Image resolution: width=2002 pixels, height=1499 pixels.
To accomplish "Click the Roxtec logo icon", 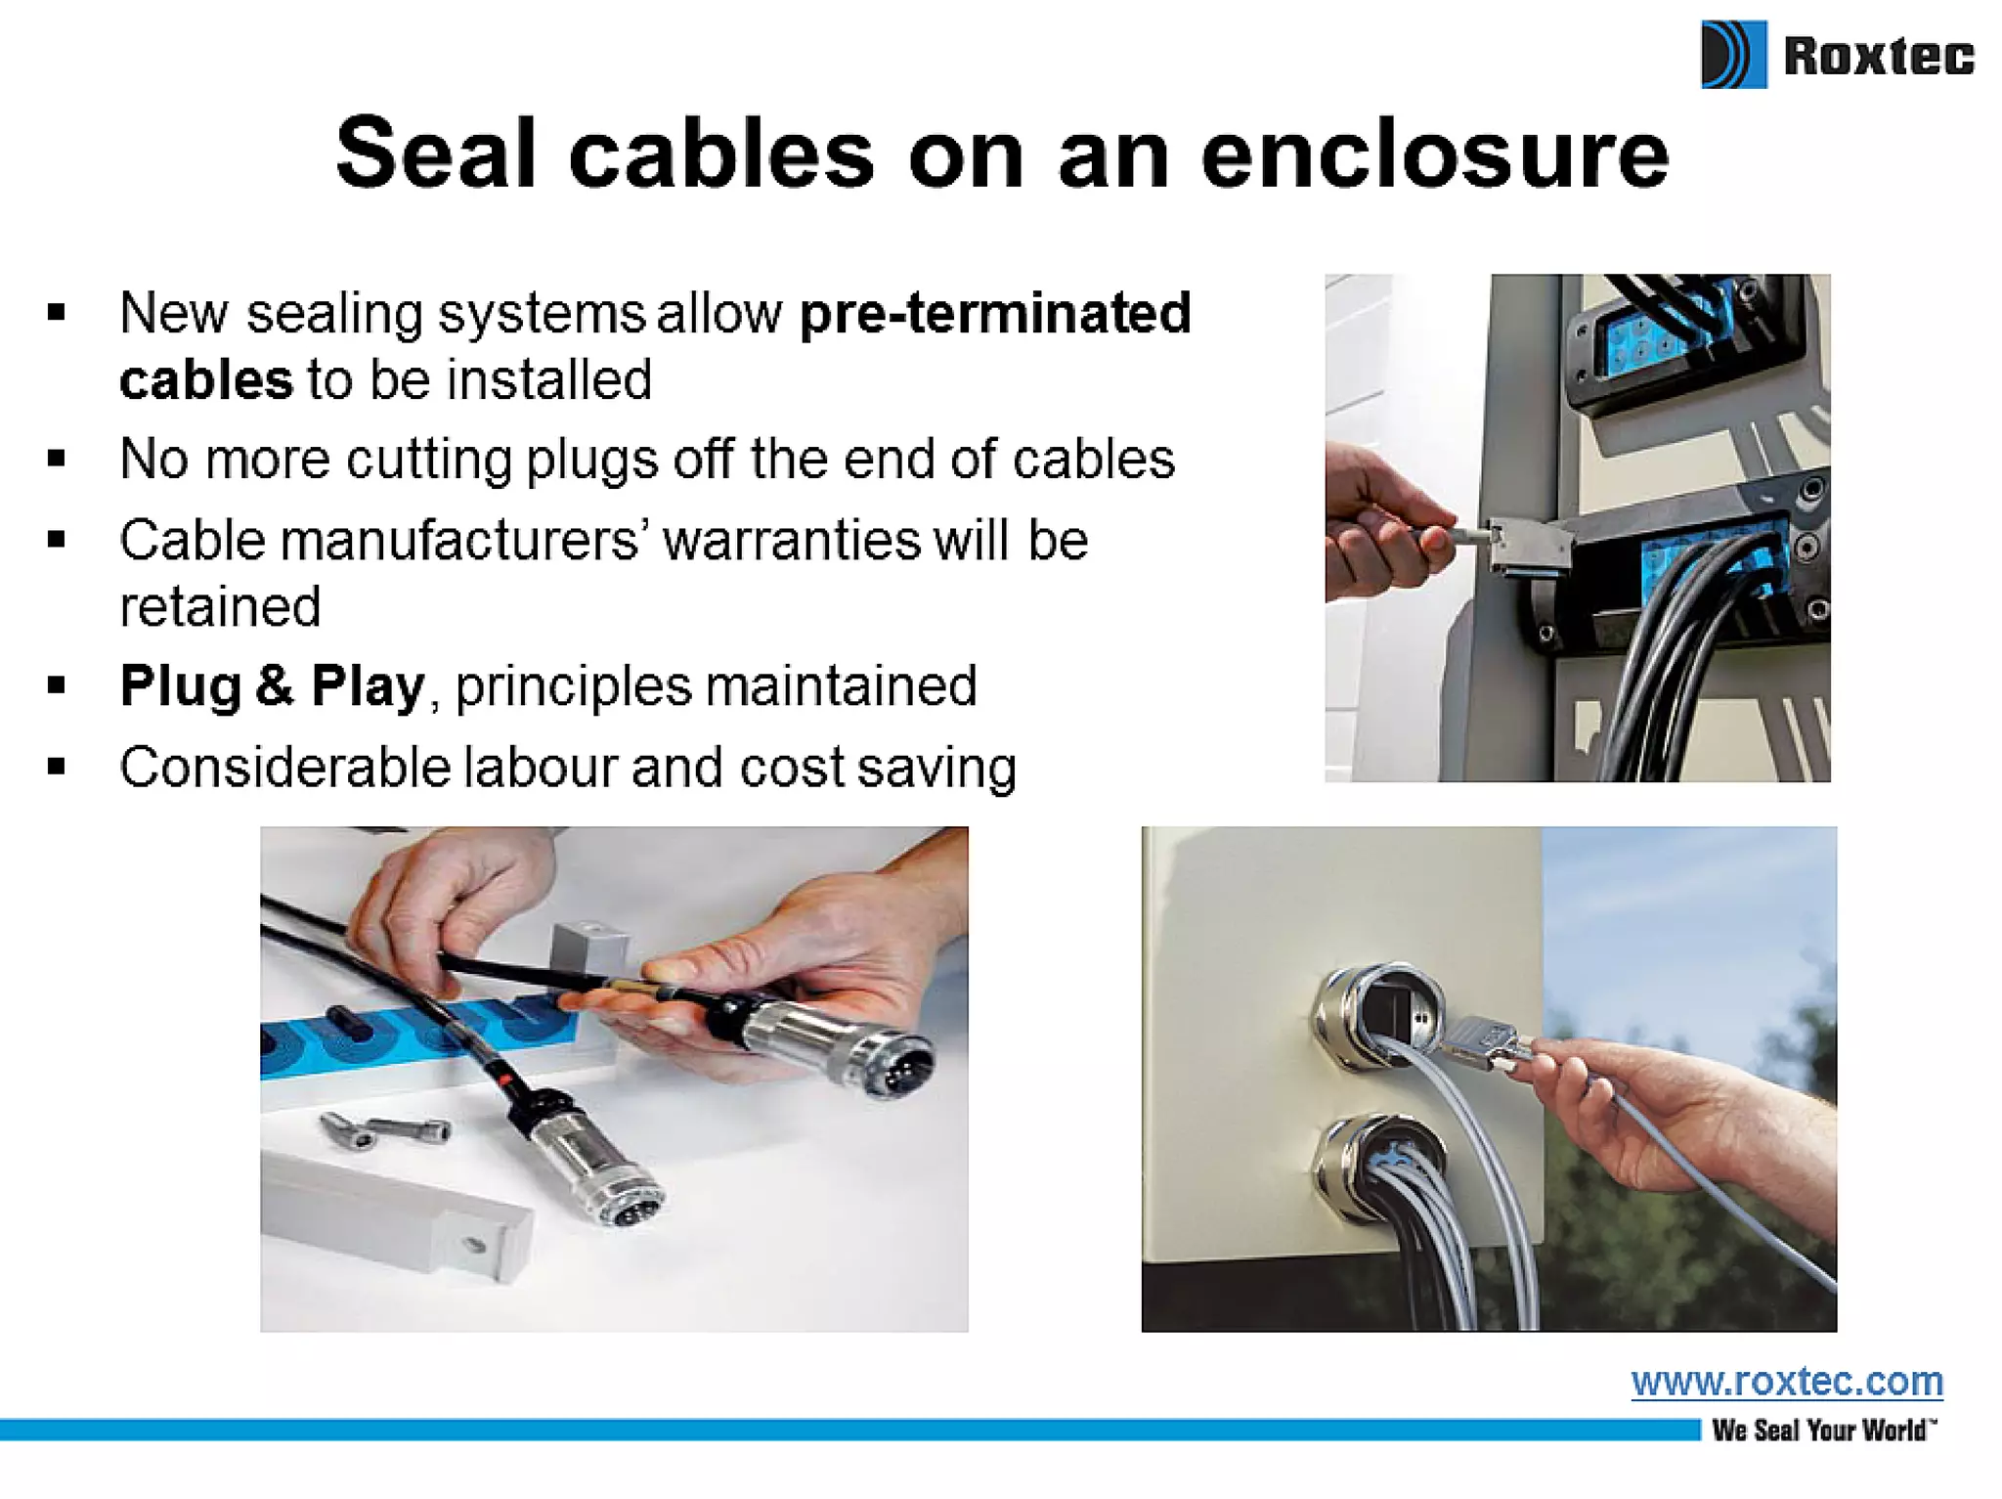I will pyautogui.click(x=1733, y=55).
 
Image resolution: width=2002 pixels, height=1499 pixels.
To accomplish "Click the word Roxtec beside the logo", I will pyautogui.click(x=1879, y=55).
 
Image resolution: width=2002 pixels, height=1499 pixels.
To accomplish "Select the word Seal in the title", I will pyautogui.click(x=436, y=154).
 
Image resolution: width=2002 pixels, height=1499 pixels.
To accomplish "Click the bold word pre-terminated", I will pyautogui.click(x=995, y=313).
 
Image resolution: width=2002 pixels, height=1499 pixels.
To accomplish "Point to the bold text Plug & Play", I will pyautogui.click(x=272, y=685).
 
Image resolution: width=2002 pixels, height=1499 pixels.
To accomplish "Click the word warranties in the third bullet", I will pyautogui.click(x=792, y=540).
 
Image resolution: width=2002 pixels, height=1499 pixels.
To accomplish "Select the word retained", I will pyautogui.click(x=220, y=607).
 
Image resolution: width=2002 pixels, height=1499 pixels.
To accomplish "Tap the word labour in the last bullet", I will pyautogui.click(x=540, y=767).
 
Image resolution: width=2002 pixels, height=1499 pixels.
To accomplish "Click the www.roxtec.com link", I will pyautogui.click(x=1787, y=1382).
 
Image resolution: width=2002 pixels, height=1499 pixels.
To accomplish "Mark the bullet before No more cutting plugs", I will pyautogui.click(x=57, y=459).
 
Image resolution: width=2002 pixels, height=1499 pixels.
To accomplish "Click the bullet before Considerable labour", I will pyautogui.click(x=57, y=767).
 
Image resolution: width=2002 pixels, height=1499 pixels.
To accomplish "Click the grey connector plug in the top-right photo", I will pyautogui.click(x=1527, y=548).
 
